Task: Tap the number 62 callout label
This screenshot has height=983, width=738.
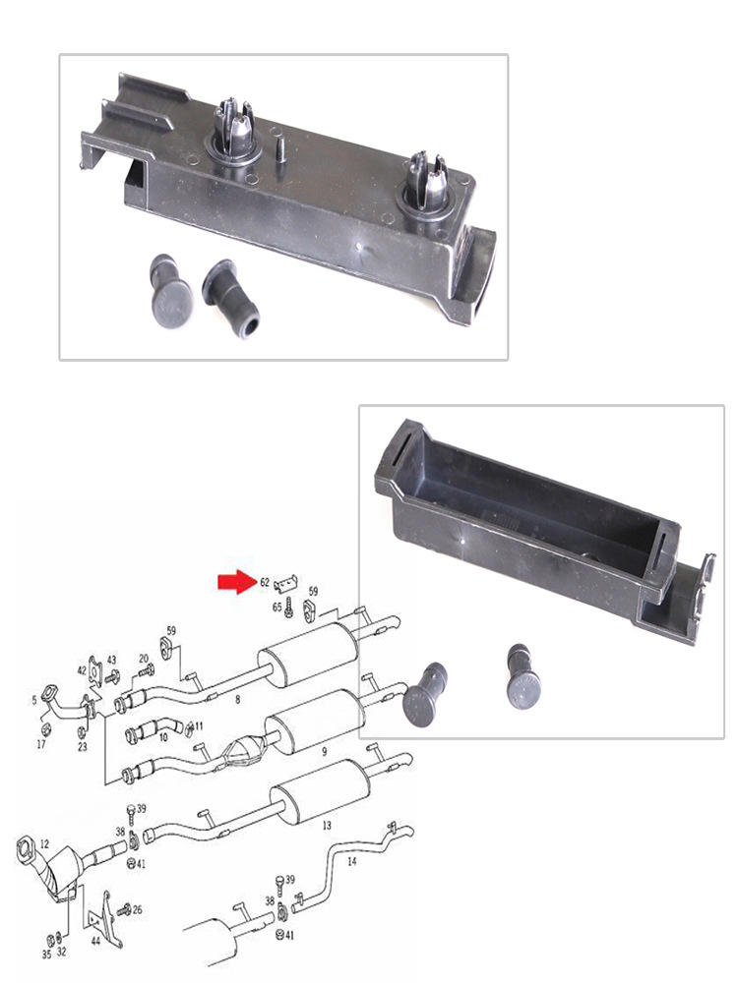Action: tap(265, 582)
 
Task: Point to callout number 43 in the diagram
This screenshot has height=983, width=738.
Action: tap(111, 660)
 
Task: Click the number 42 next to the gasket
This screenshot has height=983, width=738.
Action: tap(84, 670)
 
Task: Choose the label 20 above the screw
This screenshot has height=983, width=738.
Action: tap(144, 658)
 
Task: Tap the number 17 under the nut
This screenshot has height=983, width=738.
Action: tap(41, 745)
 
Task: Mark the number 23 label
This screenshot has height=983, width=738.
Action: tap(83, 747)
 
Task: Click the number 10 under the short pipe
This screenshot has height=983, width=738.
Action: tap(164, 735)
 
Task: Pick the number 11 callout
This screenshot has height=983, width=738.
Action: tap(199, 726)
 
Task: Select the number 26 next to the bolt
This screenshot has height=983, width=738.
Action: tap(137, 909)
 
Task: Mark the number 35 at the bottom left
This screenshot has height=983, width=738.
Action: tap(45, 954)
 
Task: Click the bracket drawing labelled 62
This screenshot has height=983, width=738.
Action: tap(287, 583)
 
